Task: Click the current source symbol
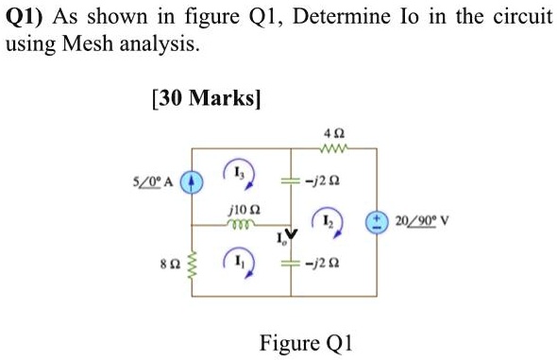click(x=193, y=180)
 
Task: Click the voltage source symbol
click(x=377, y=223)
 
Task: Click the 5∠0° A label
click(x=153, y=180)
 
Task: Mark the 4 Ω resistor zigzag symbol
click(x=331, y=147)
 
